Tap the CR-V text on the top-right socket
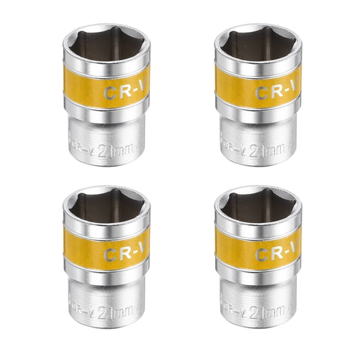coord(276,92)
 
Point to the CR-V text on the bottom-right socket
coord(276,254)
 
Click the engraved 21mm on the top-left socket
coord(124,150)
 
